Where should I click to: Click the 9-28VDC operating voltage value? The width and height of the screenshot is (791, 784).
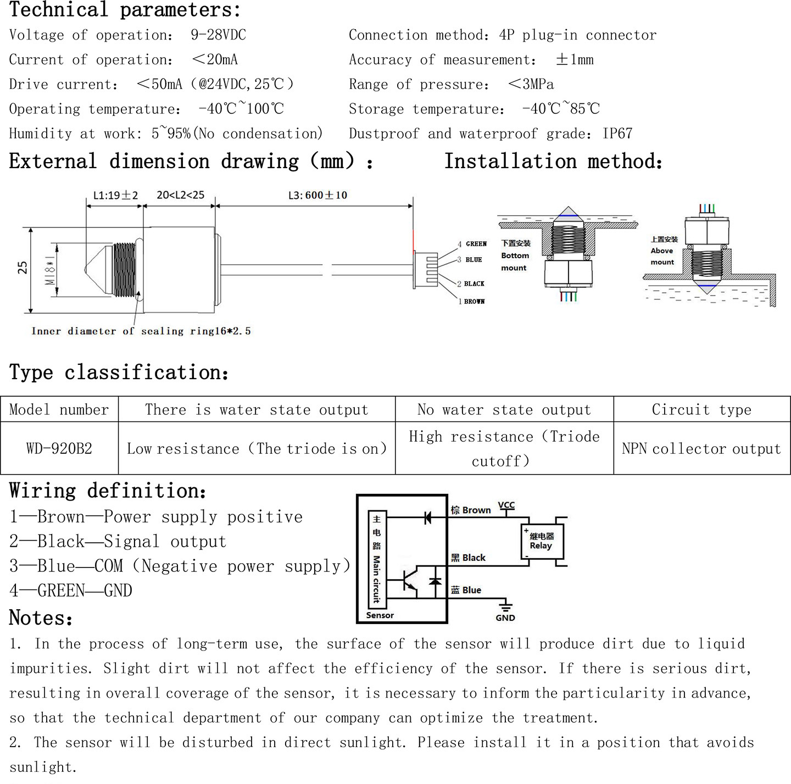coord(219,35)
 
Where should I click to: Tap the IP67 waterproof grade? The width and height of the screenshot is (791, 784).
coord(617,134)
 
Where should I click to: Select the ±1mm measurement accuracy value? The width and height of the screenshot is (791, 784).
coord(575,59)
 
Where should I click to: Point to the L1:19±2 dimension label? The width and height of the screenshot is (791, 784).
coord(116,195)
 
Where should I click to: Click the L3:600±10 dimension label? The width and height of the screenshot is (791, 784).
coord(317,195)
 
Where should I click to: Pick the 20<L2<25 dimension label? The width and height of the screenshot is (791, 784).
coord(180,194)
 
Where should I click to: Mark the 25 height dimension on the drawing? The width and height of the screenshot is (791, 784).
coord(23,268)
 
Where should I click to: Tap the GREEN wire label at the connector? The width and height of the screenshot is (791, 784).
coord(476,243)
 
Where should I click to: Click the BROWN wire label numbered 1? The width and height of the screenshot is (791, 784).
coord(474,302)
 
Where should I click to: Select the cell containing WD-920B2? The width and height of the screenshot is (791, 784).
coord(59,448)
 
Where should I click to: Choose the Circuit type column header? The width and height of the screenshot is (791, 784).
coord(702,409)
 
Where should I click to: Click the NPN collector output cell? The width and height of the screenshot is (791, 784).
coord(702,448)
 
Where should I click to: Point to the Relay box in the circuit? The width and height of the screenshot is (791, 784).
coord(542,541)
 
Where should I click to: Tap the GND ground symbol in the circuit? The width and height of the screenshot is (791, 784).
coord(505,605)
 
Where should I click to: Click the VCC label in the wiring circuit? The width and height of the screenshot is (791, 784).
coord(506,505)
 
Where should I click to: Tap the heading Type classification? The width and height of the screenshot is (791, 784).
coord(119,372)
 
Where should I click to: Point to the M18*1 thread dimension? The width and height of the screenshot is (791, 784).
coord(49,270)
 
